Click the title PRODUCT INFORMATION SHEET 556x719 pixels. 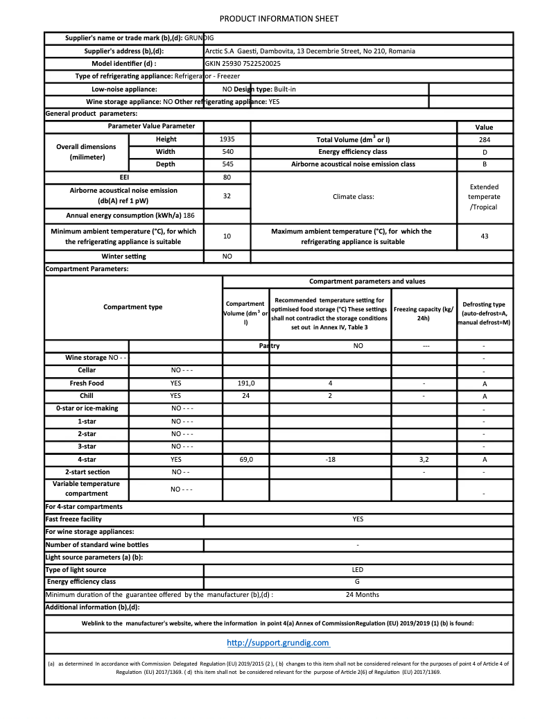(x=279, y=19)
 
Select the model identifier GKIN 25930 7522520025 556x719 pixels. (x=243, y=63)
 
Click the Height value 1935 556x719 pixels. (x=227, y=139)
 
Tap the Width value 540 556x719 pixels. (x=227, y=152)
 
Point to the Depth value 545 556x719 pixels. (x=227, y=164)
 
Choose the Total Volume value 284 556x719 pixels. (x=485, y=139)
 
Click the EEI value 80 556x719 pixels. (x=227, y=177)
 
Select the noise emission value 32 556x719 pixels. (x=227, y=196)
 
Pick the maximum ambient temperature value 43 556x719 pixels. (x=485, y=236)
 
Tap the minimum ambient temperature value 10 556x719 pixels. (x=227, y=236)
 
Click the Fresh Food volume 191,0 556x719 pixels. (x=246, y=383)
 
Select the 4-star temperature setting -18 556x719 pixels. (x=330, y=459)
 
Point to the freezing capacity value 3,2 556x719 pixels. (x=424, y=459)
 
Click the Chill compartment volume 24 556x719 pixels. (x=246, y=396)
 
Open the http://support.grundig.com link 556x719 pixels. (x=278, y=643)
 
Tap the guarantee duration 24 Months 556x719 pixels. (x=362, y=595)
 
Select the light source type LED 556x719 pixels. (x=358, y=570)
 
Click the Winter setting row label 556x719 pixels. (x=123, y=257)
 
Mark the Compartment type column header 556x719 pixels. (x=133, y=307)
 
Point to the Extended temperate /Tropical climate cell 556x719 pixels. (x=485, y=197)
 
